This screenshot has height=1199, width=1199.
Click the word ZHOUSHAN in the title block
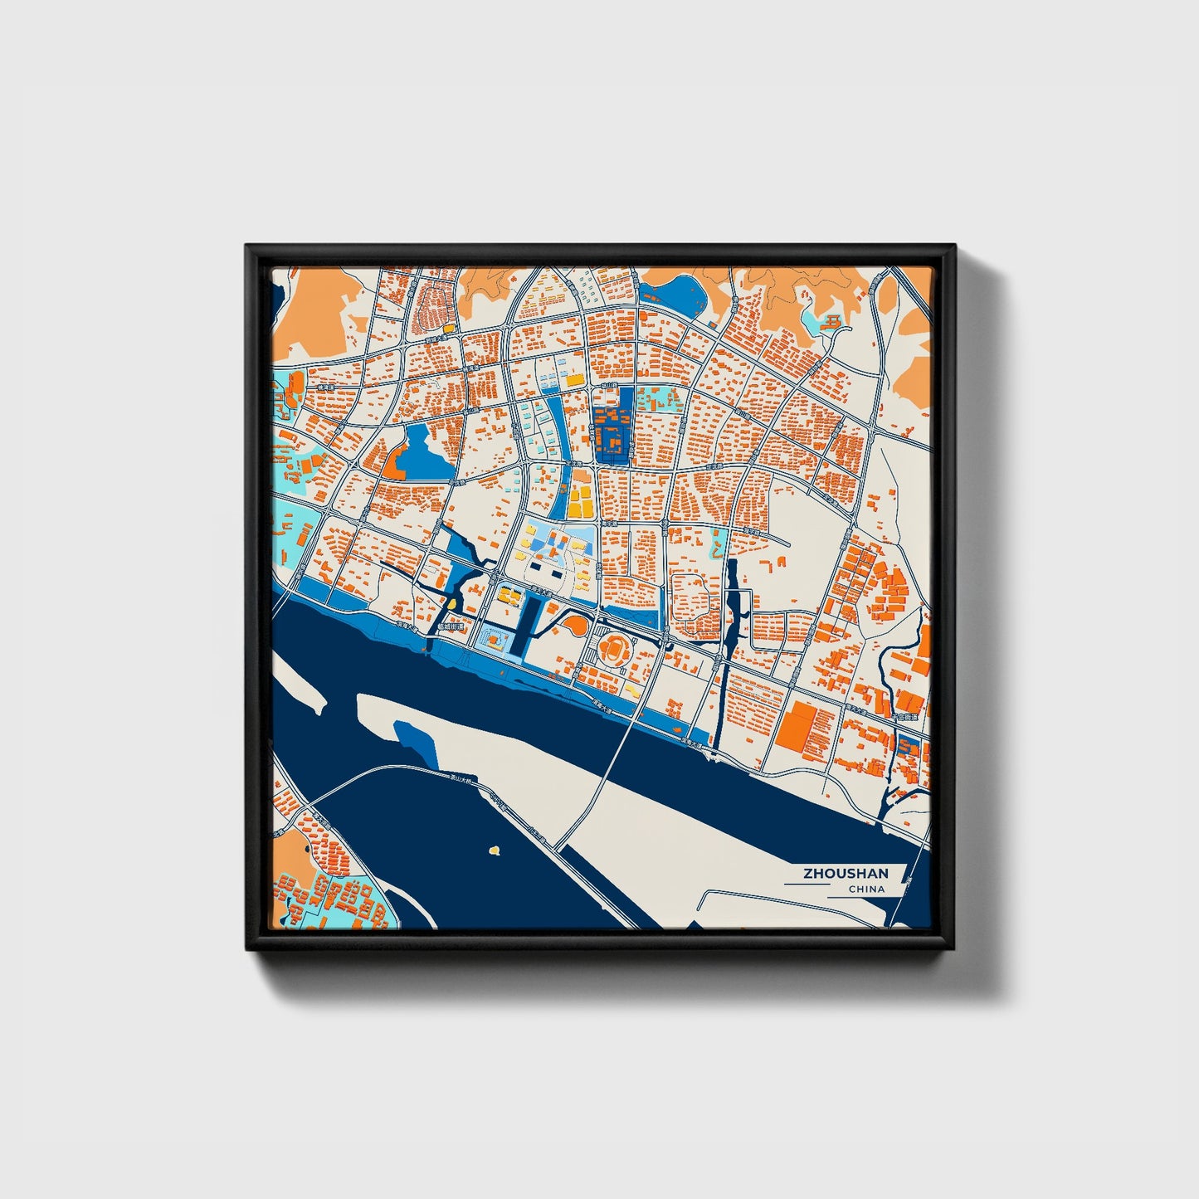845,874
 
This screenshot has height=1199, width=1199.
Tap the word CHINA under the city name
866,890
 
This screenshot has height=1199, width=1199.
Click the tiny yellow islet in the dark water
495,850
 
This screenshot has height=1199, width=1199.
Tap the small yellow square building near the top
449,329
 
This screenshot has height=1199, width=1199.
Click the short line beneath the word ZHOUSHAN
807,885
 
